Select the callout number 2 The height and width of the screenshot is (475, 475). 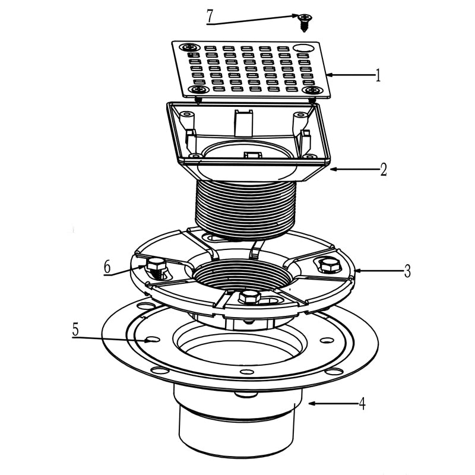click(384, 169)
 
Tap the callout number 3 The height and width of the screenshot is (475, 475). click(407, 272)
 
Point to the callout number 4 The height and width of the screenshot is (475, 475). click(362, 404)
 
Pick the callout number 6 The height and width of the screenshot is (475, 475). click(107, 268)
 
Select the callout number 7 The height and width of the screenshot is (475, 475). click(210, 16)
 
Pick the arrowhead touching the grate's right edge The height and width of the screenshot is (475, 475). click(328, 75)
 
